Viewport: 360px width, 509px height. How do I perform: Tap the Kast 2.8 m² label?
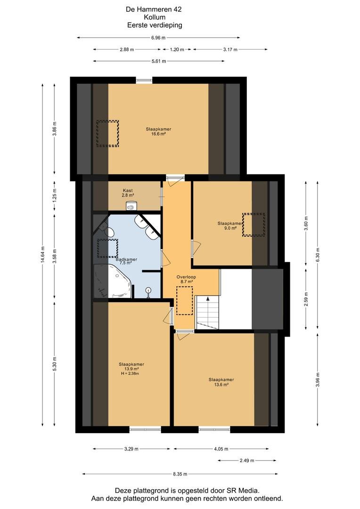[x=128, y=193]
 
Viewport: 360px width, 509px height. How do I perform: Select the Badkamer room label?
[x=126, y=260]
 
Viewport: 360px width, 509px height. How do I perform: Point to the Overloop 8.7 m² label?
[x=186, y=279]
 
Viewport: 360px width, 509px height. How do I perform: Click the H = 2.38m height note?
[x=130, y=374]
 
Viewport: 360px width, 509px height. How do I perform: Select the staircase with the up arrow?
[x=208, y=312]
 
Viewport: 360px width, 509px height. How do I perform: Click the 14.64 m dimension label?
[x=42, y=255]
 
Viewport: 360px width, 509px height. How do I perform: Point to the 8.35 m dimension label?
[x=180, y=474]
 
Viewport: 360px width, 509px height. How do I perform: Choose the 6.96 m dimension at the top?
[x=158, y=38]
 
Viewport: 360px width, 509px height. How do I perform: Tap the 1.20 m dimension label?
[x=177, y=49]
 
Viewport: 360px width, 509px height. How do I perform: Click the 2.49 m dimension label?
[x=247, y=460]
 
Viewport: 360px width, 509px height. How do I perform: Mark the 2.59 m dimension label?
[x=306, y=299]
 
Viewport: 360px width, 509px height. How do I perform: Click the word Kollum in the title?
[x=155, y=17]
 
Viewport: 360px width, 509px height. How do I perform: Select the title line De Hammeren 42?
[x=154, y=9]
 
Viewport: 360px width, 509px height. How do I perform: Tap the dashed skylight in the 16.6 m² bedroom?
[x=107, y=133]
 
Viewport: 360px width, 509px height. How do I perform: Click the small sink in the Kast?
[x=131, y=206]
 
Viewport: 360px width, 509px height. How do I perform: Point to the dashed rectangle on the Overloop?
[x=185, y=301]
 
